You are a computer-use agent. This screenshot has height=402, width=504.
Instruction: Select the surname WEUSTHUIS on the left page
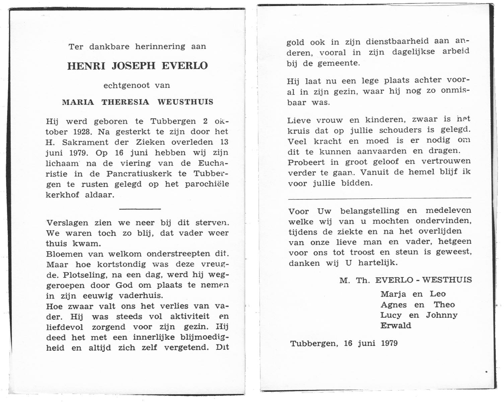pyautogui.click(x=185, y=102)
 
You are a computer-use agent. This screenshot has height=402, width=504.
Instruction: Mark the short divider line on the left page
pyautogui.click(x=140, y=209)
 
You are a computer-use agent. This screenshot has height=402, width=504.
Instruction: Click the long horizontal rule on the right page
pyautogui.click(x=379, y=198)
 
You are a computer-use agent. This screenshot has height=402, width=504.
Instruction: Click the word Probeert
pyautogui.click(x=306, y=162)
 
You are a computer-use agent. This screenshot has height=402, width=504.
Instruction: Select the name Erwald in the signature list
pyautogui.click(x=396, y=326)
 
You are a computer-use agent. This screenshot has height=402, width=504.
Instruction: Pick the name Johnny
pyautogui.click(x=442, y=315)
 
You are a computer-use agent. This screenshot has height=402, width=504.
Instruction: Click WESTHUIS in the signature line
pyautogui.click(x=447, y=280)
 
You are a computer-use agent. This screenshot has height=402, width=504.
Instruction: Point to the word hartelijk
pyautogui.click(x=378, y=263)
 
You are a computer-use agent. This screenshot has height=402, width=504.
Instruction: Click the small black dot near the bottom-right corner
pyautogui.click(x=486, y=372)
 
